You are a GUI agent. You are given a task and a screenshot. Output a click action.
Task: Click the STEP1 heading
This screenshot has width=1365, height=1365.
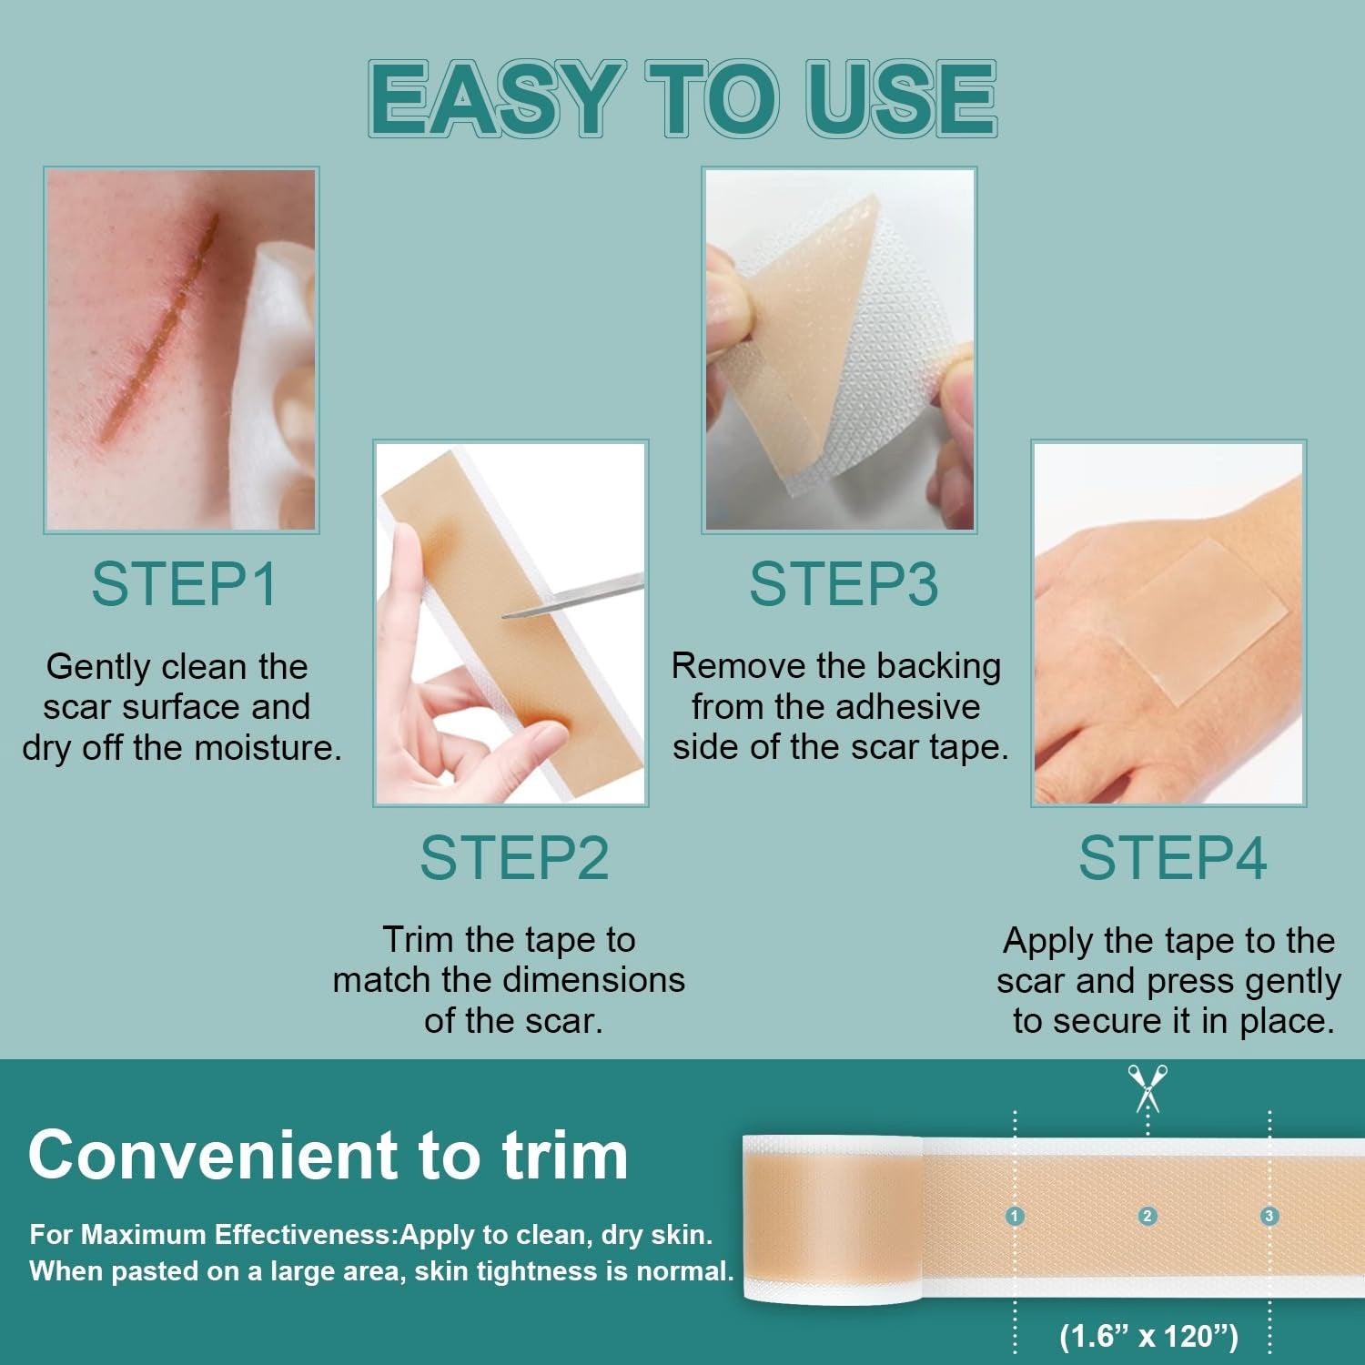184,584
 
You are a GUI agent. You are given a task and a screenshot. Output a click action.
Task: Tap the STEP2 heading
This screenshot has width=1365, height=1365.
514,857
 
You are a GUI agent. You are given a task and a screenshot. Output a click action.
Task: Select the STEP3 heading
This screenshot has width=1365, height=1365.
843,584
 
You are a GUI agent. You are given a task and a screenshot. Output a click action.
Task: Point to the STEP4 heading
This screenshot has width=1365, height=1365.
1172,857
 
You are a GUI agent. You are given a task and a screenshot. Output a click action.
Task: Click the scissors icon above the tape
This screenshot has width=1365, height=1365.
1148,1087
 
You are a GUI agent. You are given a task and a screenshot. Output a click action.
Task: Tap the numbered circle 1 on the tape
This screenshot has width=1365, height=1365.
1016,1216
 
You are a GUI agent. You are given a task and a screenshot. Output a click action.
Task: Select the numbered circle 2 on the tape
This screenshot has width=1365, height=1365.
1148,1216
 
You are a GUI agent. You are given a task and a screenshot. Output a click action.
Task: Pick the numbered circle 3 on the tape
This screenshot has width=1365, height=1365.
1269,1216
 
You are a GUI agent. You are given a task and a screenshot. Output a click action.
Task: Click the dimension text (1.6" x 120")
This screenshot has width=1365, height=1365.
1148,1336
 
